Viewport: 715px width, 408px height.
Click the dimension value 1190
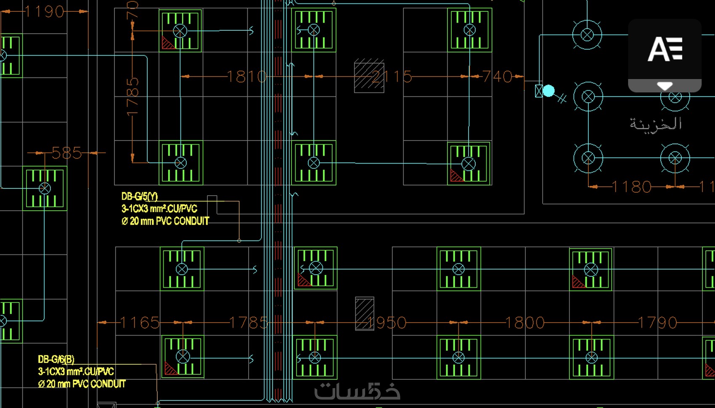coord(44,12)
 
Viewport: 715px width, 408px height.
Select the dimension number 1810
coord(247,77)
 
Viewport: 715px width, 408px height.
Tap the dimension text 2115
coord(392,77)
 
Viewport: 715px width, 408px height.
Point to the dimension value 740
coord(497,77)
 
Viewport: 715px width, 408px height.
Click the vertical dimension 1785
coord(132,96)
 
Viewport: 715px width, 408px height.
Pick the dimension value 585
coord(67,153)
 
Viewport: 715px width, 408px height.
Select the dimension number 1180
coord(632,186)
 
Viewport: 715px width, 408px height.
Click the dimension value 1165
coord(140,323)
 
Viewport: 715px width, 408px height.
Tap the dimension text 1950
coord(387,323)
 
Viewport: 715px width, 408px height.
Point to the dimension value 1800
coord(524,323)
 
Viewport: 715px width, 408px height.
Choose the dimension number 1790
coord(657,323)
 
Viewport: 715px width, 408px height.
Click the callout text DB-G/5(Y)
coord(140,196)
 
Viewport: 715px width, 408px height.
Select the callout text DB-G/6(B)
coord(56,359)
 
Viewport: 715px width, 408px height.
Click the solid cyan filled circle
coord(548,91)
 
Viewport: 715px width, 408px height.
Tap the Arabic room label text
coord(655,124)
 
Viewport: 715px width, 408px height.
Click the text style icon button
coord(665,49)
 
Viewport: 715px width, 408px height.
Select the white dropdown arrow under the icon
coord(665,86)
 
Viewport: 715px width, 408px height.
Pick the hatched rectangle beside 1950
coord(364,313)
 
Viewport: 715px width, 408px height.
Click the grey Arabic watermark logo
coord(357,391)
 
